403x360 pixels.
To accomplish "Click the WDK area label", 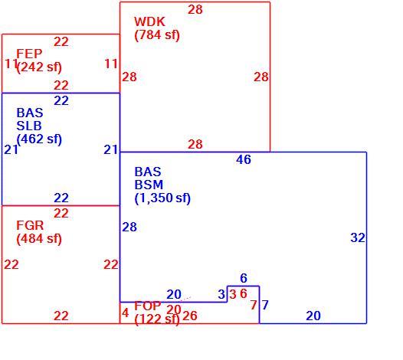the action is click(149, 21).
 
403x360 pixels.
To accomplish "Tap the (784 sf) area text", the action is click(157, 35).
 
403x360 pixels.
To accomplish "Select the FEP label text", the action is click(29, 54).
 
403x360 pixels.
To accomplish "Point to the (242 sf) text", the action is click(39, 67).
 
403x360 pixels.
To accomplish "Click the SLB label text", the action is click(29, 126).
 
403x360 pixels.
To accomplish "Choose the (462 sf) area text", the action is click(39, 139).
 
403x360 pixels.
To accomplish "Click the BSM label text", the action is click(149, 185).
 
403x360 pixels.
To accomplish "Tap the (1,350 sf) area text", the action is click(162, 198).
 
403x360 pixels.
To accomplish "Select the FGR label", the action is click(30, 226).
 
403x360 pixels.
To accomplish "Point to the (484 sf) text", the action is click(39, 239).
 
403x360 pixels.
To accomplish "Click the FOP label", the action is click(148, 306).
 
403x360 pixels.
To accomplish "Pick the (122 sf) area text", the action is click(157, 319).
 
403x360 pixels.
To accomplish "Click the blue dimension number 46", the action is click(244, 159).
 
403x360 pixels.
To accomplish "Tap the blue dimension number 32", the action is click(358, 237).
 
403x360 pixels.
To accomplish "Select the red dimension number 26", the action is click(190, 316).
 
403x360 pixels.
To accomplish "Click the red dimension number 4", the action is click(125, 313).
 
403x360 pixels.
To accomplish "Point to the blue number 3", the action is click(221, 294).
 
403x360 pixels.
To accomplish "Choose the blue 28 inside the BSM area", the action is click(129, 227).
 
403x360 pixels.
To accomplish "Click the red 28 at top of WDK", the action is click(195, 10).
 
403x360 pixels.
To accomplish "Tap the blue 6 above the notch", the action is click(244, 278).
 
